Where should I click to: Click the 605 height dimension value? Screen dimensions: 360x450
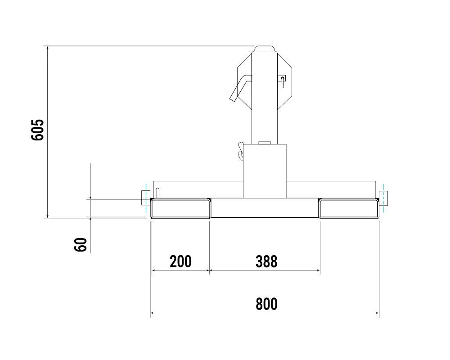[38, 130]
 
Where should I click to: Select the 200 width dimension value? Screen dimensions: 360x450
[180, 261]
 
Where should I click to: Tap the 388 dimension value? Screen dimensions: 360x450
[266, 261]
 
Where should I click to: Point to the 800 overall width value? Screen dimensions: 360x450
[266, 304]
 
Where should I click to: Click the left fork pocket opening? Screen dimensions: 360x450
[180, 209]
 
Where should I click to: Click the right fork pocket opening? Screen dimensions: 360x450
[348, 209]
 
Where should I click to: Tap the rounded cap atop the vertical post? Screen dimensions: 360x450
[265, 49]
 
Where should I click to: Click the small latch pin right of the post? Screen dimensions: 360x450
[282, 81]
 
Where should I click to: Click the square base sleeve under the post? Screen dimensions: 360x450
[265, 171]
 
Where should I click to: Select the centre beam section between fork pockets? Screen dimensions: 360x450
[265, 208]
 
